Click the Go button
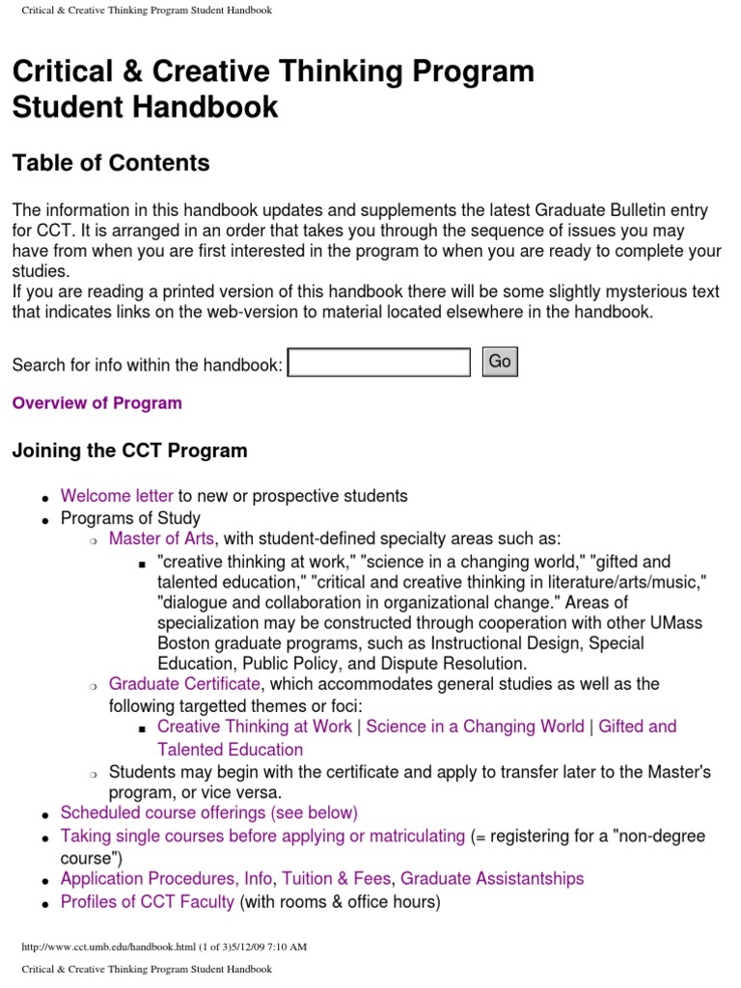click(499, 362)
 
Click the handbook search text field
click(379, 363)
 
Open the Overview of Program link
click(96, 403)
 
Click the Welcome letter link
click(117, 496)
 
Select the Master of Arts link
click(161, 538)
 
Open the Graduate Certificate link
click(184, 684)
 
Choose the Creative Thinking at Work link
click(255, 727)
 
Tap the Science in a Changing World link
click(475, 727)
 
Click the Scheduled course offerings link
click(208, 812)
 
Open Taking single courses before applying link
click(262, 836)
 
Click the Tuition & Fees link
click(338, 878)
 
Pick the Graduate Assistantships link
click(492, 878)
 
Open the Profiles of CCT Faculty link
click(147, 902)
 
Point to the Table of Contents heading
click(111, 163)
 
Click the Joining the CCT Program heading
click(129, 451)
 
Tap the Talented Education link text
click(230, 750)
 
